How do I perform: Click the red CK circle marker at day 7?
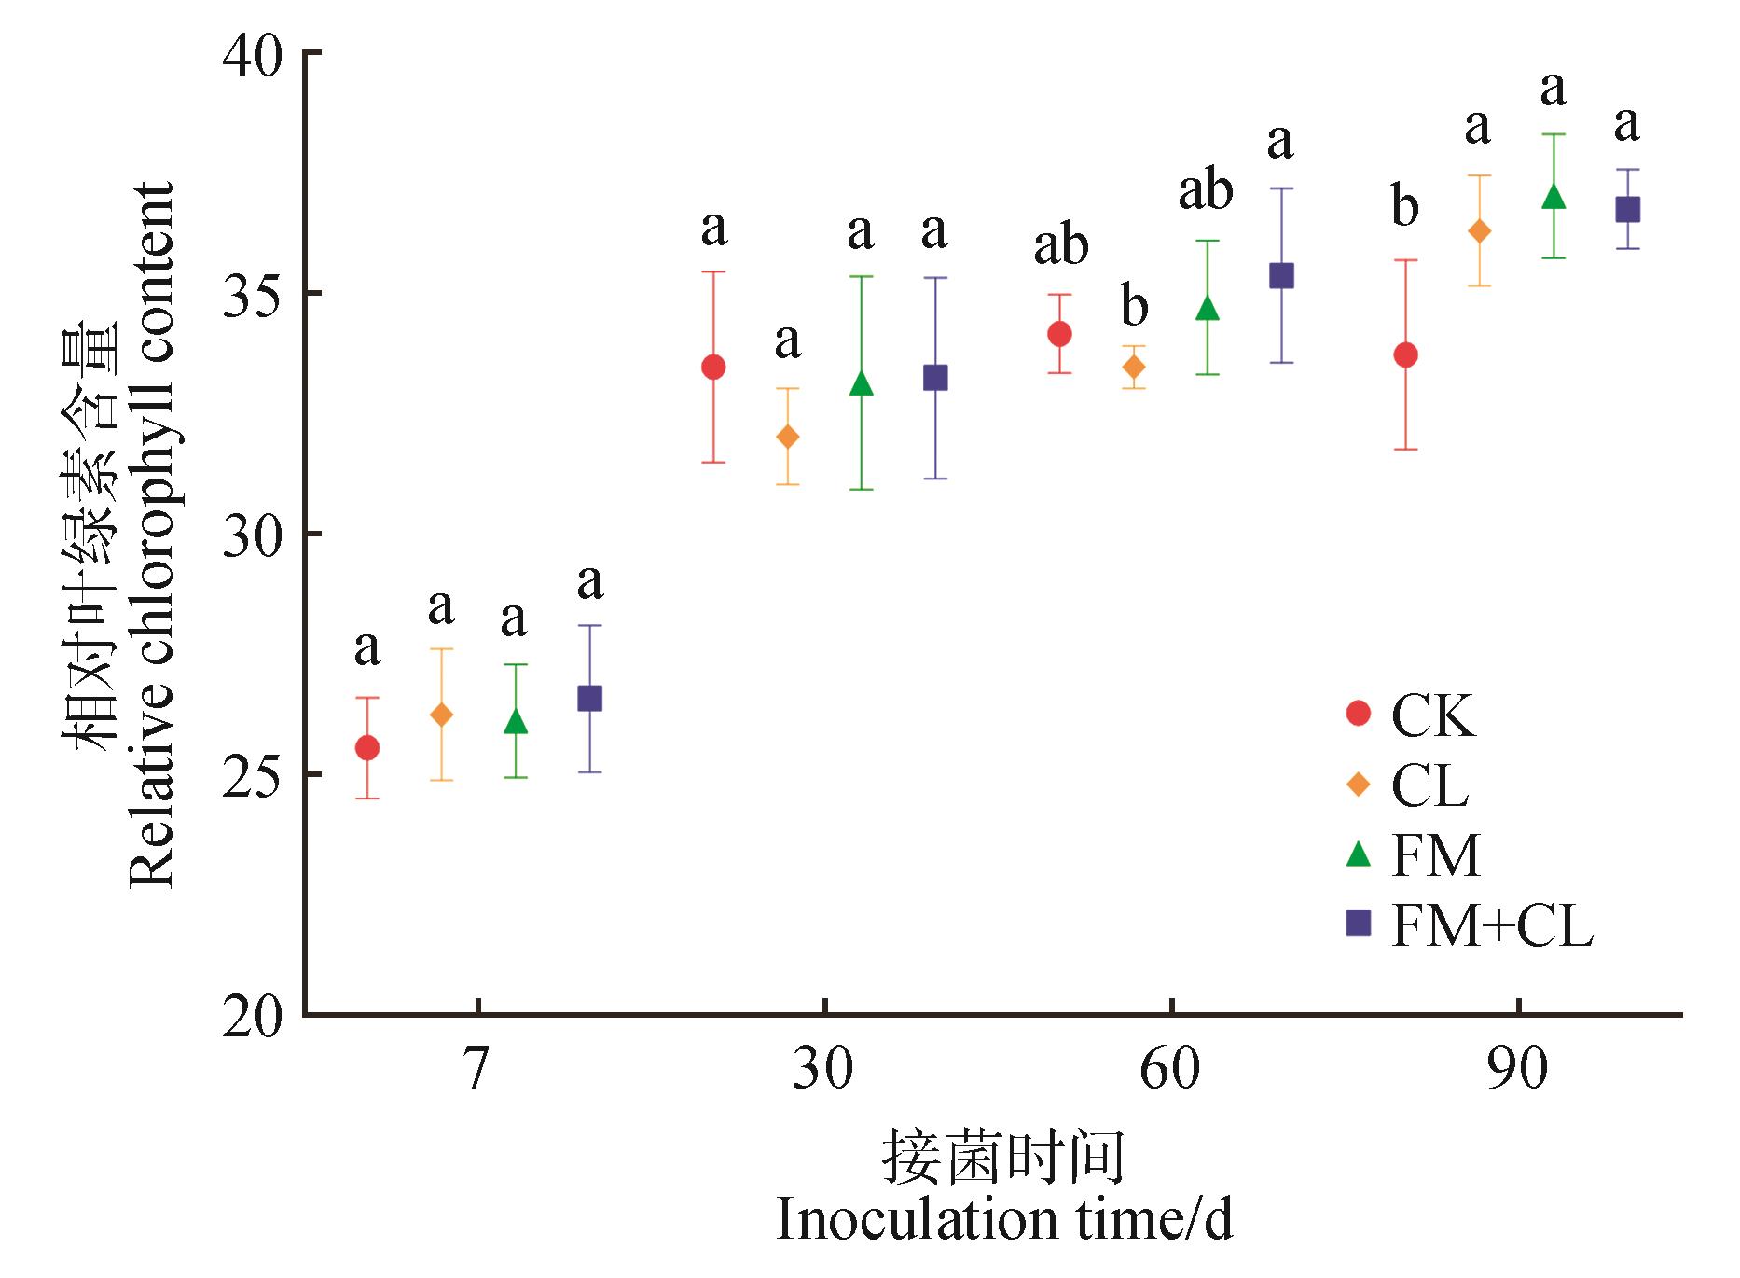[367, 747]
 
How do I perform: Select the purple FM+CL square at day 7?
[589, 698]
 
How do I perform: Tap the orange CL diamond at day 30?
[788, 437]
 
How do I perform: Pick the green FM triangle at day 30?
[862, 383]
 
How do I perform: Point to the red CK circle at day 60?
[1059, 334]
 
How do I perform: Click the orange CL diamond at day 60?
[1134, 368]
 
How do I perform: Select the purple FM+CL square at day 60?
[1282, 275]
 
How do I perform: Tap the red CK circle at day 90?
[1405, 354]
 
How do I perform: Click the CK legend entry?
[1432, 715]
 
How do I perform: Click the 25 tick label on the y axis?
[253, 774]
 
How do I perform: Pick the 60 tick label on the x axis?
[1170, 1069]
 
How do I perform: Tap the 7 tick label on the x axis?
[476, 1069]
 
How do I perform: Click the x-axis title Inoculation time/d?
[1004, 1220]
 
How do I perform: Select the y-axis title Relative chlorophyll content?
[152, 535]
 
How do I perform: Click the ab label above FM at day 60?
[1206, 190]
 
